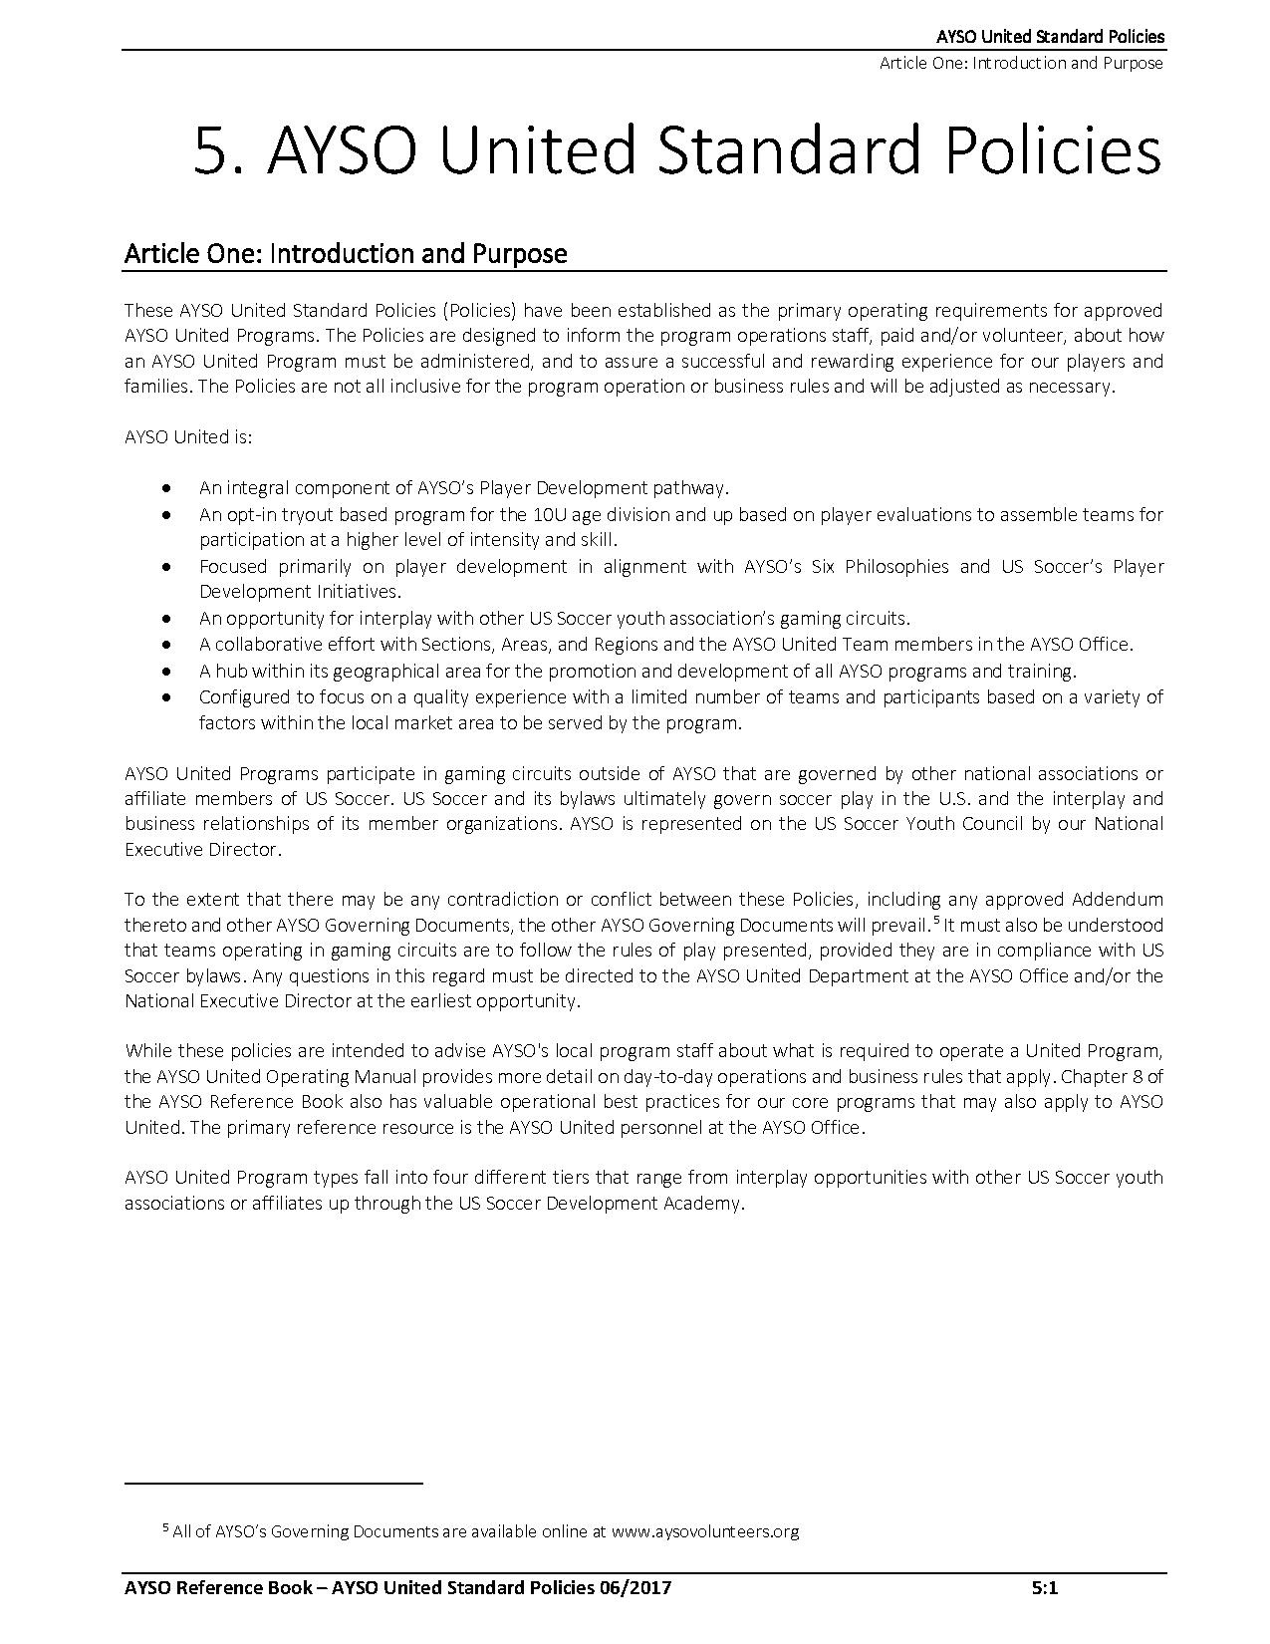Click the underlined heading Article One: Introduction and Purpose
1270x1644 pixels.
click(345, 254)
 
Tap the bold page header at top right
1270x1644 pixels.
click(1050, 37)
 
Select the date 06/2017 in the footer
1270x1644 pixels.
click(636, 1588)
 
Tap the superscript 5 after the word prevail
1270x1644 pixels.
click(936, 920)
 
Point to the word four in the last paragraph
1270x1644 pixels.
click(430, 1177)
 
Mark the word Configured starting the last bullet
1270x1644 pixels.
click(244, 696)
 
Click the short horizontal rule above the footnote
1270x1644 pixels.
click(274, 1484)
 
